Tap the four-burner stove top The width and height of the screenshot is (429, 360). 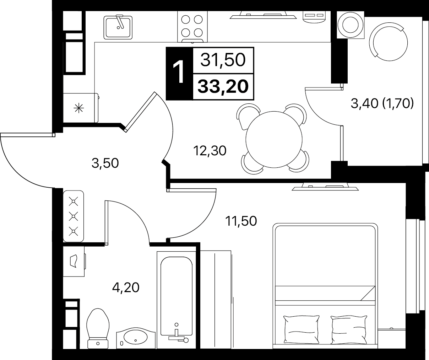coord(192,27)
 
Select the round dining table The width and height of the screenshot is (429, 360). coord(274,140)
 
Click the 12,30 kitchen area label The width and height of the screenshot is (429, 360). coord(210,151)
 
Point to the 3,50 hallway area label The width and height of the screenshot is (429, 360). coord(105,163)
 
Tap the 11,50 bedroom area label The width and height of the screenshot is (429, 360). coord(241,221)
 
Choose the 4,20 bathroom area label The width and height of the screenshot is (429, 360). coord(126,288)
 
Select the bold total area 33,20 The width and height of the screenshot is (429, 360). coord(223,87)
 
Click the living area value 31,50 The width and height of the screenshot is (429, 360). coord(223,60)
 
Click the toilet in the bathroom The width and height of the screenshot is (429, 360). coord(98,328)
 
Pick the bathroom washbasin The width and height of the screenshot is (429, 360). coord(136,338)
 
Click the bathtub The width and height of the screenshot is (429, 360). coord(177,300)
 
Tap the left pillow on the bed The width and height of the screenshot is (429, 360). coord(302,329)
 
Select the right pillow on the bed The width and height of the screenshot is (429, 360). coord(349,329)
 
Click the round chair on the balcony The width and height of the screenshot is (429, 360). coord(388,42)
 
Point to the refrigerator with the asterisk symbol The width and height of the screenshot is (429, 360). coord(81,108)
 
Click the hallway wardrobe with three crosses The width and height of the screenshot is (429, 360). coord(74,216)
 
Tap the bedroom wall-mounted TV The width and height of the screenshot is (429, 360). coord(325,188)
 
